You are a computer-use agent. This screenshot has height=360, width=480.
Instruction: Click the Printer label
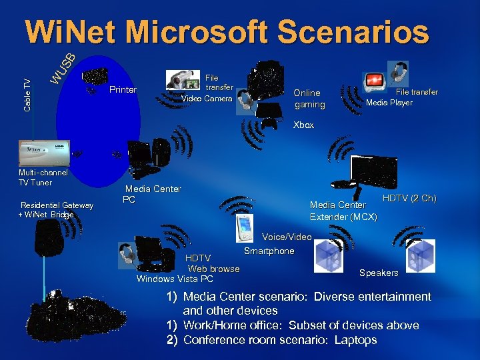[123, 90]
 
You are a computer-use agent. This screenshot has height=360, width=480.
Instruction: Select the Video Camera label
[207, 99]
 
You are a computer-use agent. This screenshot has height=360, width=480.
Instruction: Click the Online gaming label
[309, 99]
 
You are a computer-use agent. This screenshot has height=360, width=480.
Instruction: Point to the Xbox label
[303, 125]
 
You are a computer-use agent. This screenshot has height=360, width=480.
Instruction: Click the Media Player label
[389, 103]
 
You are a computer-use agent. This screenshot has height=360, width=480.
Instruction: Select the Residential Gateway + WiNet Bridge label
[57, 209]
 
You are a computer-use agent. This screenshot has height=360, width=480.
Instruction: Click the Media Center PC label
[152, 194]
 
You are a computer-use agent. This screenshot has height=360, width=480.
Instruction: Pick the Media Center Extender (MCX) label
[343, 211]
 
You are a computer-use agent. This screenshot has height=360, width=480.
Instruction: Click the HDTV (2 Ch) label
[409, 199]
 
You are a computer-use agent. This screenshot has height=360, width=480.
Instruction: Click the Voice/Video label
[287, 237]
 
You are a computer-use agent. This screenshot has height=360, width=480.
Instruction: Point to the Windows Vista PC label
[175, 279]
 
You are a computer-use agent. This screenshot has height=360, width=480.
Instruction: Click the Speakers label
[379, 273]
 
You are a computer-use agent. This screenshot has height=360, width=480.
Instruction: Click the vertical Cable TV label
[27, 94]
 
